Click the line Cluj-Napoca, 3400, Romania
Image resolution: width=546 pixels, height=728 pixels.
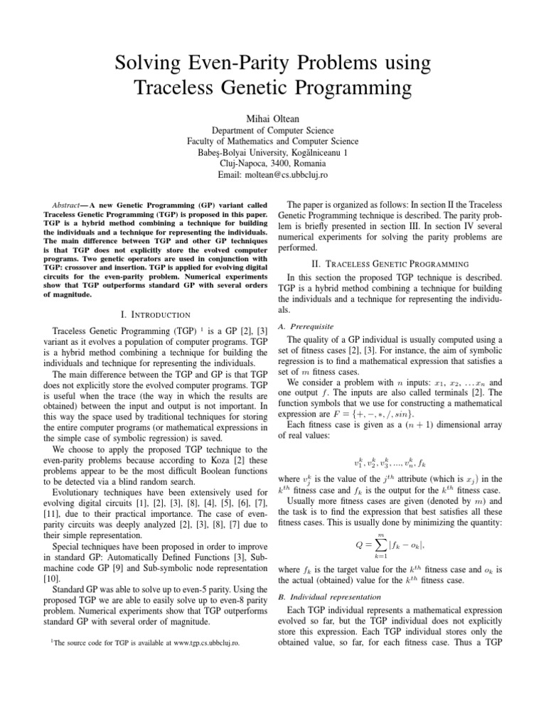pos(273,161)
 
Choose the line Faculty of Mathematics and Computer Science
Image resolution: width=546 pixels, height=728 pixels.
pos(273,141)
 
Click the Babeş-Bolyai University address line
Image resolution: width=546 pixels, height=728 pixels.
pos(273,152)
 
